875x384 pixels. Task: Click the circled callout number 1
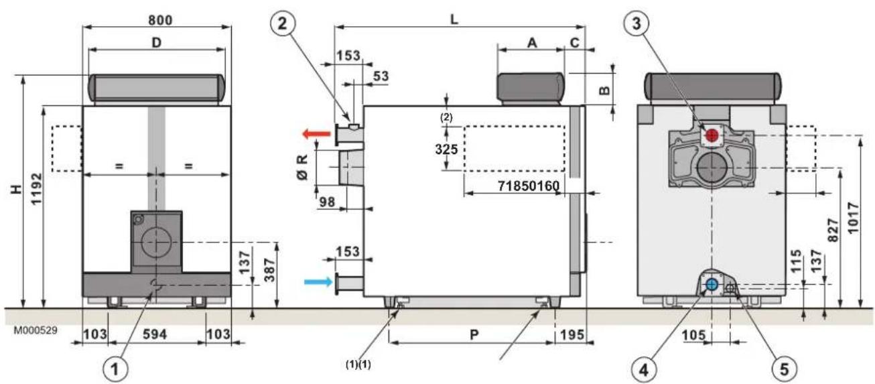(x=115, y=369)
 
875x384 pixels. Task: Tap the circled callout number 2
(x=282, y=23)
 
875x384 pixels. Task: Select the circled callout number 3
(x=636, y=23)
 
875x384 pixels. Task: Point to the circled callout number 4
(x=643, y=369)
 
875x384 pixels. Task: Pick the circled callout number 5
(x=785, y=369)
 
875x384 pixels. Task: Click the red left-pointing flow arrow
(x=316, y=135)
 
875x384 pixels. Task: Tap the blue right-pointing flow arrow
(x=319, y=281)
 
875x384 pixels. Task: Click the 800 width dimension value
(x=160, y=19)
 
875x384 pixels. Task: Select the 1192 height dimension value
(x=36, y=189)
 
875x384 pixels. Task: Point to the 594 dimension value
(x=155, y=334)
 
